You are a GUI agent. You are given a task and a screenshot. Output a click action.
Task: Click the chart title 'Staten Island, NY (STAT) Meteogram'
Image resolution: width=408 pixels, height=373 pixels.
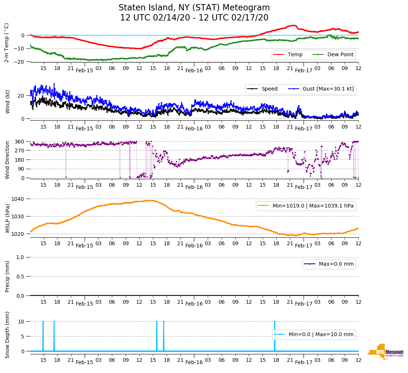pos(194,8)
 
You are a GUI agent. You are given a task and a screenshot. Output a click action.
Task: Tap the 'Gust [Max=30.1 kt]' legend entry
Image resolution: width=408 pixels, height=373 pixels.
pos(328,89)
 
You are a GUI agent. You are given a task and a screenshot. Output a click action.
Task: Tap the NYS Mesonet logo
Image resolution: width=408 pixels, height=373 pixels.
pos(386,351)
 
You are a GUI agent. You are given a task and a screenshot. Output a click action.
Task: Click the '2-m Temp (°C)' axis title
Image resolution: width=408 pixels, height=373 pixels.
pos(7,42)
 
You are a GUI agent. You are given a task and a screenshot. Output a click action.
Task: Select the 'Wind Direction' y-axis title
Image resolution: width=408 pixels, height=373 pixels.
pos(7,160)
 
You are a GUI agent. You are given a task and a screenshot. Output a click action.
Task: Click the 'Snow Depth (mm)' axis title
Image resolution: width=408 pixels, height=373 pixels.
pos(7,335)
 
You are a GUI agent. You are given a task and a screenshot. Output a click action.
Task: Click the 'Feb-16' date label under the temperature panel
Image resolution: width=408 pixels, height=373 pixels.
pos(194,70)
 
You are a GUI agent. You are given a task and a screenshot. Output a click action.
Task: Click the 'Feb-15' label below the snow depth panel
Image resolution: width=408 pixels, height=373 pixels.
pos(84,362)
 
